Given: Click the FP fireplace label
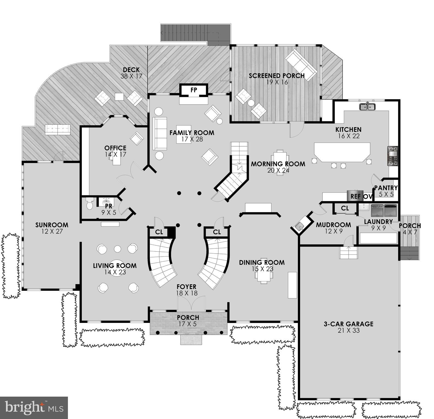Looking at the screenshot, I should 194,90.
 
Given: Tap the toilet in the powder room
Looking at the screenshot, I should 90,203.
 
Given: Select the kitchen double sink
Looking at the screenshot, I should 367,106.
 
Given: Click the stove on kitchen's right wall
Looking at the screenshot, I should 393,156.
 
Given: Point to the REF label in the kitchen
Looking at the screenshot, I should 355,196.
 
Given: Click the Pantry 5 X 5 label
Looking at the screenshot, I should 386,191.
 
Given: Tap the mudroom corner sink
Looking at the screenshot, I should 300,226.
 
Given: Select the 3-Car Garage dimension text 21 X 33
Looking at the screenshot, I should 348,331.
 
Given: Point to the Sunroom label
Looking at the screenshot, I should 52,225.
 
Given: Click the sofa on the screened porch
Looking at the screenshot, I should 301,64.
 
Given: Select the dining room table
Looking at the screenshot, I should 264,271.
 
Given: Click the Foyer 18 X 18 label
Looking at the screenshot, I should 187,290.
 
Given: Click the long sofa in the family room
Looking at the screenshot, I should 160,133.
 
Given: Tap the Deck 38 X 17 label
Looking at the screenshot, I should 131,73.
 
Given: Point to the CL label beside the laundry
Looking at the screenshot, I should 345,208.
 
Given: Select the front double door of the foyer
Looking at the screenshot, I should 191,303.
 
